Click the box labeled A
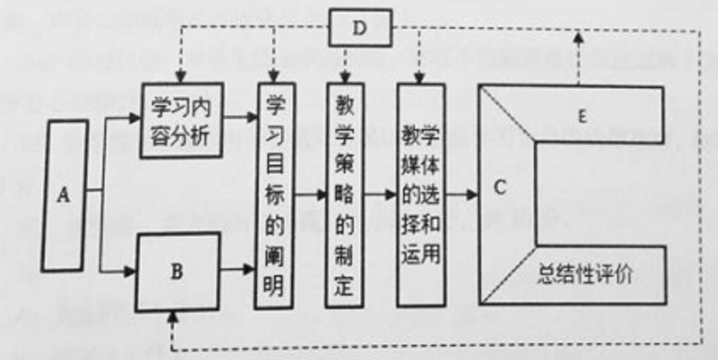[x=63, y=196]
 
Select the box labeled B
[x=177, y=272]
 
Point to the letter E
[x=580, y=117]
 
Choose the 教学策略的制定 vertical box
[x=344, y=196]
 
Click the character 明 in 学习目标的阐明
[x=272, y=285]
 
